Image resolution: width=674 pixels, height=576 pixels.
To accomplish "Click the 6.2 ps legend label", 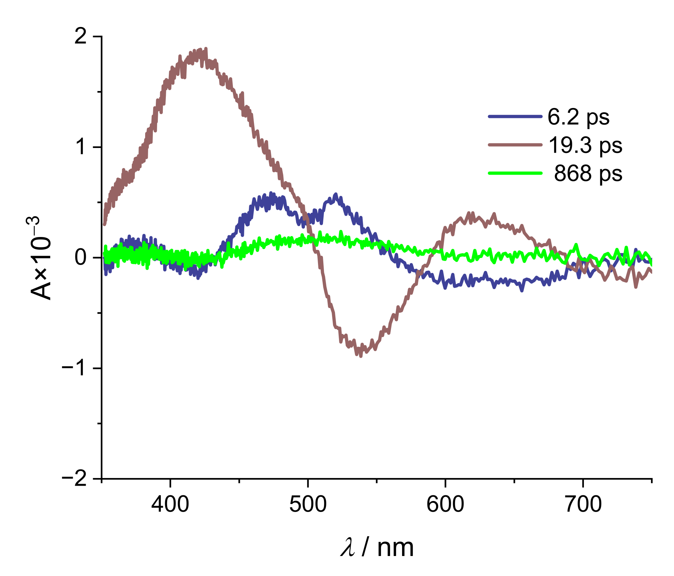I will click(x=578, y=117).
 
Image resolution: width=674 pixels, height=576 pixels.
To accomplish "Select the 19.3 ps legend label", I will click(x=585, y=145).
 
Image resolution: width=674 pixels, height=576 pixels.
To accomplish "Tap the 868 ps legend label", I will click(x=588, y=173).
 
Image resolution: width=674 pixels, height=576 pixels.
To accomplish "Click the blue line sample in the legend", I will click(x=515, y=116).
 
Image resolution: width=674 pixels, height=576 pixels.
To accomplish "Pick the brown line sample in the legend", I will click(x=515, y=145).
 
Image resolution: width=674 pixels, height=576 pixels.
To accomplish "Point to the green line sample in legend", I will click(x=515, y=173).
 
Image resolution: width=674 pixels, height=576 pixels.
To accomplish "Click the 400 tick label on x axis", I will click(x=170, y=504).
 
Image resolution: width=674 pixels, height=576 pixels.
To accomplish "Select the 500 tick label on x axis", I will click(x=308, y=504).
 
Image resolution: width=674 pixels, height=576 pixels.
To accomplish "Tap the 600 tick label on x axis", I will click(x=445, y=504).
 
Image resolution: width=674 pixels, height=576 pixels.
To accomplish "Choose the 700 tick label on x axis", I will click(x=583, y=504).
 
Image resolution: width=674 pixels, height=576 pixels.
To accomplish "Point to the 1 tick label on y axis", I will click(x=80, y=147).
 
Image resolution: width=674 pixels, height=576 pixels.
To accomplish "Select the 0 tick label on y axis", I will click(x=80, y=257).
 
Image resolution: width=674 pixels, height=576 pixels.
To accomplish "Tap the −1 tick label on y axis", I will click(x=75, y=368).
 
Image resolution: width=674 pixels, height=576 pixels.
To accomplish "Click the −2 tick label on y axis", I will click(x=75, y=479).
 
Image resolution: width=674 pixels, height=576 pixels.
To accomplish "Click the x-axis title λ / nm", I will click(x=377, y=547).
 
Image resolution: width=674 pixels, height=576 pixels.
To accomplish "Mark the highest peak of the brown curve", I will click(x=206, y=49).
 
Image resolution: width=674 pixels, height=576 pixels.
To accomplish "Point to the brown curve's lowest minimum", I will click(x=361, y=356).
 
